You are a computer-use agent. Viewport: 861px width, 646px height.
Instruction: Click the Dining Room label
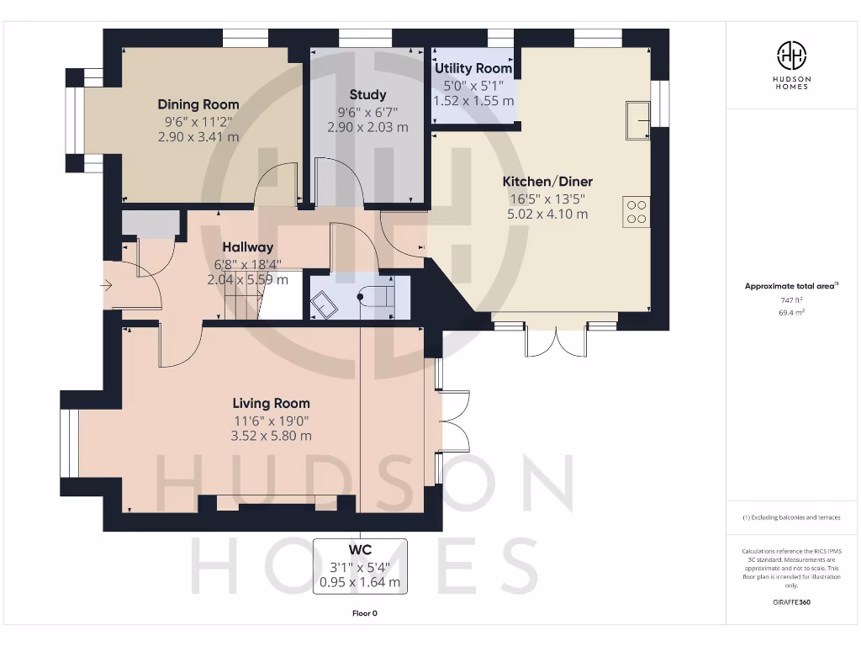[198, 104]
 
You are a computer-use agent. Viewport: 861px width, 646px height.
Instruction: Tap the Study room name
[367, 94]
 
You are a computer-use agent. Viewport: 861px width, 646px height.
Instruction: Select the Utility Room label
[473, 68]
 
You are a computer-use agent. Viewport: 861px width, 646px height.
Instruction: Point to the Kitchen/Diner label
[547, 182]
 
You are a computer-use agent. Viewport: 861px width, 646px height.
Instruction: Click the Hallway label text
[247, 247]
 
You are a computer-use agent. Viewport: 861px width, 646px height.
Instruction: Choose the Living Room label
[271, 403]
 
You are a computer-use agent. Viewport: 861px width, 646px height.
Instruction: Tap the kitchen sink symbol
[638, 120]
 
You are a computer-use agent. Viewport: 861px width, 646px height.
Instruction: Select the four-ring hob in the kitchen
[637, 211]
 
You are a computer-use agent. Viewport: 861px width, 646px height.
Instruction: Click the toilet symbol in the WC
[376, 297]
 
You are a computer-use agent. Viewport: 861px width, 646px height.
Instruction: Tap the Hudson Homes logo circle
[791, 56]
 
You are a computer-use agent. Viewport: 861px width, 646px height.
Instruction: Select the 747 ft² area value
[791, 300]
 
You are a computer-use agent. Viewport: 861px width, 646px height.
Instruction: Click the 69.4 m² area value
[791, 312]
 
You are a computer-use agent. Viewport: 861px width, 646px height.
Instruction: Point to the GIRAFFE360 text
[791, 602]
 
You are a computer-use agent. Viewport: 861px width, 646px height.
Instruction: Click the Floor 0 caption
[364, 613]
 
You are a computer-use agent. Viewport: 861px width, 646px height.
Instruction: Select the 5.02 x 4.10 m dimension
[547, 214]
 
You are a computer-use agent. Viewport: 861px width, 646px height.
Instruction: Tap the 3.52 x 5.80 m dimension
[271, 436]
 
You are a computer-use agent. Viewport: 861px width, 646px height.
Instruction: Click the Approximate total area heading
[790, 286]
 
